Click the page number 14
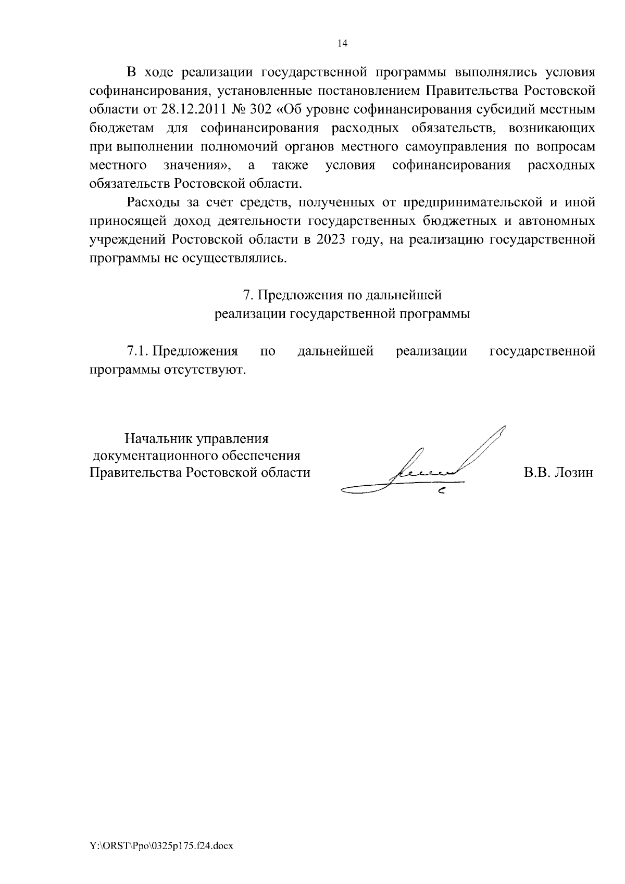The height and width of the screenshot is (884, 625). tap(342, 44)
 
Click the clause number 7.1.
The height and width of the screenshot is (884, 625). tap(139, 351)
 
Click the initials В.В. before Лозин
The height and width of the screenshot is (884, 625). tap(535, 473)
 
